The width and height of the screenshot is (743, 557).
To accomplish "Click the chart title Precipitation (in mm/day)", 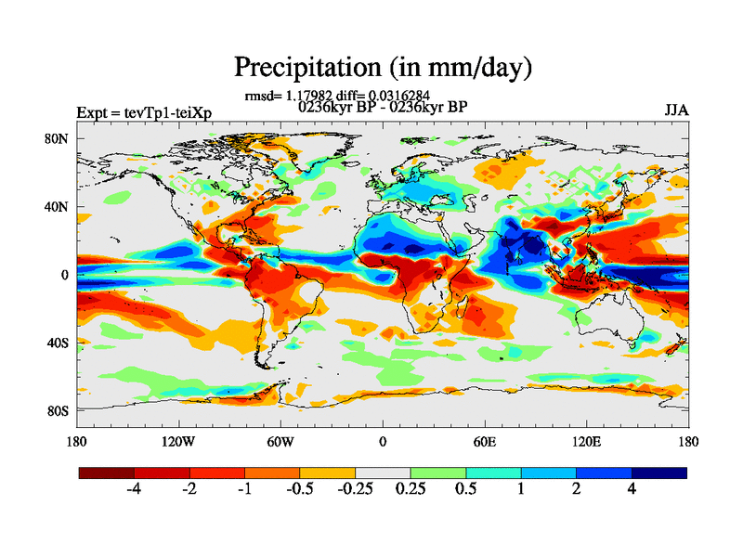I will coord(383,68).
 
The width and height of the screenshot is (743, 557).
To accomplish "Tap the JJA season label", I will coord(676,110).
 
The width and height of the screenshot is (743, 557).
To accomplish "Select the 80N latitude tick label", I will coord(59,139).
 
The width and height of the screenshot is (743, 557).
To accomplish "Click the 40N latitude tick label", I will coord(59,207).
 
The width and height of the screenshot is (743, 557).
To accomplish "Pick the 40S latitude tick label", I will coord(59,343).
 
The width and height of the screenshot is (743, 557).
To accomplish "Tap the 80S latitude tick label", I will coord(59,410).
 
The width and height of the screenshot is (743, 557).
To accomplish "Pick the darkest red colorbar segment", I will coord(106,473).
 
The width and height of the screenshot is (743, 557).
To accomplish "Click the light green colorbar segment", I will coord(437,473).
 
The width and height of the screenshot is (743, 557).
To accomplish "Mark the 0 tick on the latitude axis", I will coord(65,275).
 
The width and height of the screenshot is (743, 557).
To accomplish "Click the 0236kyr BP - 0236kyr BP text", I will coord(382,106).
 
